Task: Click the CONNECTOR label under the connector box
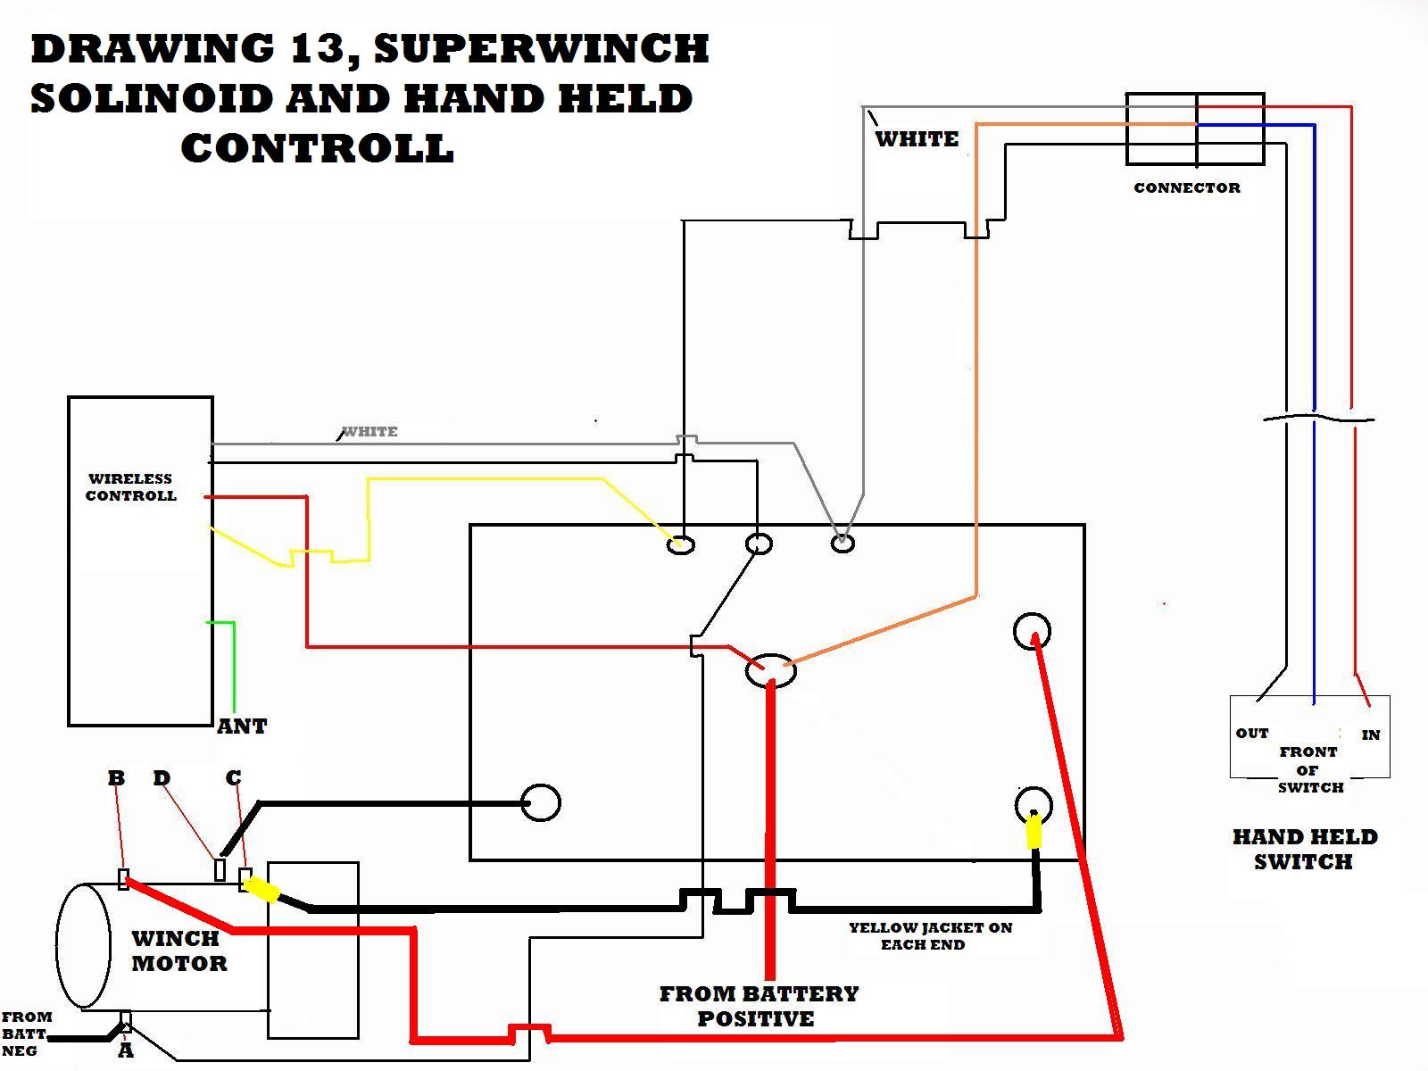1186,187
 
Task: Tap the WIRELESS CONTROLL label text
130,487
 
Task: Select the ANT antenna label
242,726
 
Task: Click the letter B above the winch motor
116,778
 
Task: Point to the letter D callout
162,778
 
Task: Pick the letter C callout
234,778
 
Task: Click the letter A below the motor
126,1050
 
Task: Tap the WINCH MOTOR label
178,951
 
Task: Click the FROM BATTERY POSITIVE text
758,1006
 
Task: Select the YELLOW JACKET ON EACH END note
929,936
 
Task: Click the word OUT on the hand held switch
1252,733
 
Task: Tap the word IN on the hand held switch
1371,735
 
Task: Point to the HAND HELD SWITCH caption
1304,849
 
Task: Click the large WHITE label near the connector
917,139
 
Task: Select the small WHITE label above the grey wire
370,431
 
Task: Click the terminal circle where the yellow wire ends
681,544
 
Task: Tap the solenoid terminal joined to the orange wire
771,670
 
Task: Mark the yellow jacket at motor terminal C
262,889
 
